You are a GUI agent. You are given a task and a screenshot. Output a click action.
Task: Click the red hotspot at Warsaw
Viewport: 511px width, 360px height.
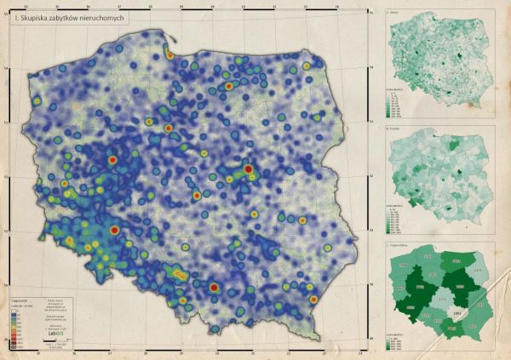tap(248, 170)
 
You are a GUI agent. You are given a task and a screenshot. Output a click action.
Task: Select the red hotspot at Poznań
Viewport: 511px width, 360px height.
tap(112, 159)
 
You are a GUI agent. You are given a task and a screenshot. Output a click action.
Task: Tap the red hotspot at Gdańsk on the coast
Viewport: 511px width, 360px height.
tap(169, 55)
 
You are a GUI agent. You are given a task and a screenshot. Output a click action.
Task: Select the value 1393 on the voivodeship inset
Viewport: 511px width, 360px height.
tap(456, 314)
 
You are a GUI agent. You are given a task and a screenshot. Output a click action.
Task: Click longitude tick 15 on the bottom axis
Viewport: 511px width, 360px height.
tap(38, 349)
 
